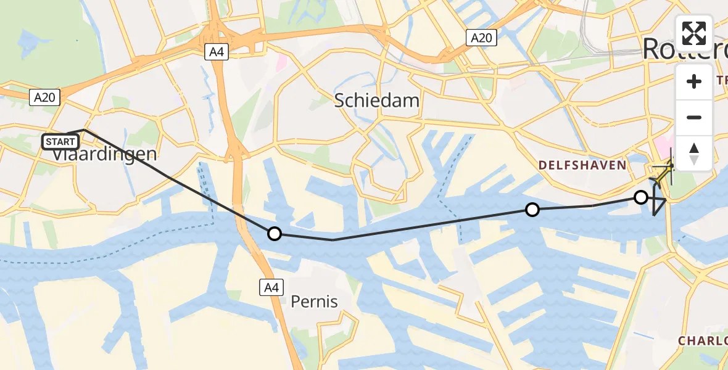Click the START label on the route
pos(60,142)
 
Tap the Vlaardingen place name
pos(104,154)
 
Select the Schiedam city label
pos(377,101)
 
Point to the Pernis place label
pos(315,302)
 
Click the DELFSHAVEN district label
pos(582,165)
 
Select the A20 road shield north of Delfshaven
pos(481,38)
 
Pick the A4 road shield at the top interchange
pos(217,52)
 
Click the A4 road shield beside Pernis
pos(272,286)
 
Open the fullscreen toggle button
pos(694,33)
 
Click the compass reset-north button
pos(694,154)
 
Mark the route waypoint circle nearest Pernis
pos(275,234)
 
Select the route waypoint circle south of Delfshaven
pos(532,210)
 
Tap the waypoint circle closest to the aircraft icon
pos(641,197)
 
